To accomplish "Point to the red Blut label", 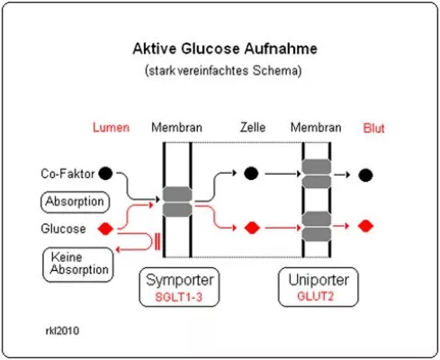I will pyautogui.click(x=373, y=128).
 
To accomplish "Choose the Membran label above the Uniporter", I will pyautogui.click(x=316, y=128).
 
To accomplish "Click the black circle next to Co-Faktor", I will pyautogui.click(x=106, y=173).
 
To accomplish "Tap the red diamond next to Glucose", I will pyautogui.click(x=106, y=228).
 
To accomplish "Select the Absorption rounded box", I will pyautogui.click(x=75, y=201).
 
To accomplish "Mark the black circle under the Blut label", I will pyautogui.click(x=365, y=175).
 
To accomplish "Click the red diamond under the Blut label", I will pyautogui.click(x=365, y=225).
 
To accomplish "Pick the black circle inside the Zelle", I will pyautogui.click(x=250, y=173).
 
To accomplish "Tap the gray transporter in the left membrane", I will pyautogui.click(x=176, y=201).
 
